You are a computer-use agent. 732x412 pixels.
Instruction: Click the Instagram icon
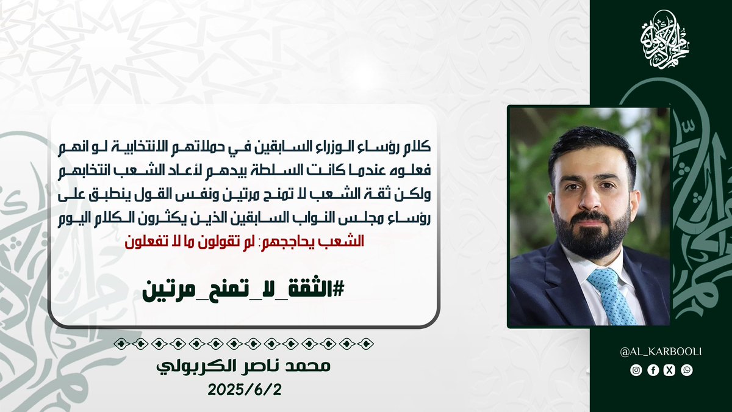[636, 370]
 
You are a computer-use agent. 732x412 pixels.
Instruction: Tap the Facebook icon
[653, 370]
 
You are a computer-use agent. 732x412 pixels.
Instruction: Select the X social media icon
[670, 370]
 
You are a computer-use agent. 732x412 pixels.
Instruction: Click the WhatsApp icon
[687, 370]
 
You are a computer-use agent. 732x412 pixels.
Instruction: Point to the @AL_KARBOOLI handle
[661, 352]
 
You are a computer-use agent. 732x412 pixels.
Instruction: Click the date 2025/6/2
[245, 390]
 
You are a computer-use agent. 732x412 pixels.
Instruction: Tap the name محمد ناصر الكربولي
[243, 366]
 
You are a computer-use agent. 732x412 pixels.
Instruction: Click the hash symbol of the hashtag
[337, 289]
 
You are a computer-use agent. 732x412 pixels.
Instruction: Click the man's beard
[592, 233]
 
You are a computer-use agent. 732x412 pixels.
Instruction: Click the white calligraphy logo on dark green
[665, 39]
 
